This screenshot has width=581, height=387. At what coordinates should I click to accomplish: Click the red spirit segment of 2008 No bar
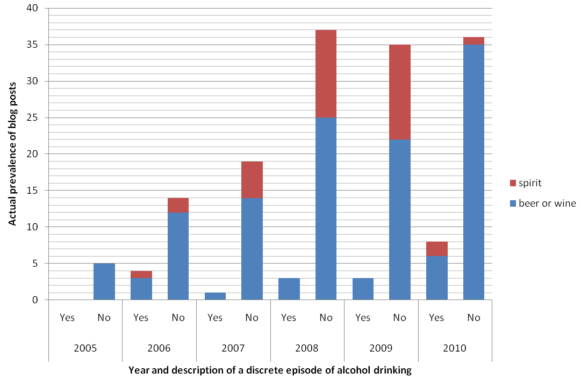tap(326, 74)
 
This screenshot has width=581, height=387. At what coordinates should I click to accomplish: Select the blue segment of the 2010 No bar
tap(474, 172)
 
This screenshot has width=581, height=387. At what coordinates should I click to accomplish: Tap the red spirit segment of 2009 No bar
tap(400, 92)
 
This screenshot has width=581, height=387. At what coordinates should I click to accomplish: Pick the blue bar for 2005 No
tap(104, 281)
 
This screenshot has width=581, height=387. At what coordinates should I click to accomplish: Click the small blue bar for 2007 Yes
tap(214, 296)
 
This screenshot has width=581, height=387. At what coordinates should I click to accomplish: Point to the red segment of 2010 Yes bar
tap(436, 249)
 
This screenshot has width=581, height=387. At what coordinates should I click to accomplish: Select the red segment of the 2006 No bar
tap(178, 205)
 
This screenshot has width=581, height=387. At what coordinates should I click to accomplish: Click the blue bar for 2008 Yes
tap(289, 289)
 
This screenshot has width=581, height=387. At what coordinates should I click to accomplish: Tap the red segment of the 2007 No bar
tap(252, 180)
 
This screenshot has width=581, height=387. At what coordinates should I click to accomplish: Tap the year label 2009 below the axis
tap(381, 348)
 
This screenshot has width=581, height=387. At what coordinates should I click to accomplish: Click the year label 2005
tap(85, 348)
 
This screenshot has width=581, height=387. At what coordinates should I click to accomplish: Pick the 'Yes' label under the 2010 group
tap(436, 318)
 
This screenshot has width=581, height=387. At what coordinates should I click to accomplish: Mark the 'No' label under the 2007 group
tap(252, 318)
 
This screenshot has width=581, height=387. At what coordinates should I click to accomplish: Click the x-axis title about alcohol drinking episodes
tap(270, 370)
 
